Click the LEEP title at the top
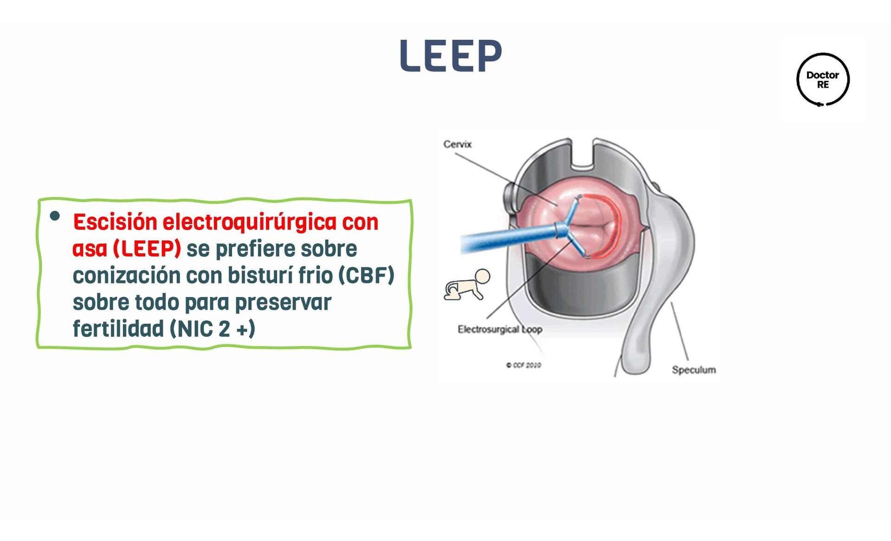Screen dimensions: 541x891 (x=450, y=56)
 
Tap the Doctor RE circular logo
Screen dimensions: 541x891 (x=823, y=79)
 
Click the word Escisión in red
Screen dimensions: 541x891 (x=115, y=222)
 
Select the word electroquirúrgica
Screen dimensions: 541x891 (x=249, y=222)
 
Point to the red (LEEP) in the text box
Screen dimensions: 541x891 (x=147, y=249)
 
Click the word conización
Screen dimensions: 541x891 (x=126, y=276)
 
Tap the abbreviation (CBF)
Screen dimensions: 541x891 (x=366, y=276)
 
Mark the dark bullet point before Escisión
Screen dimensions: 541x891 (x=55, y=216)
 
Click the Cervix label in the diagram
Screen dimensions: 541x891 (x=457, y=144)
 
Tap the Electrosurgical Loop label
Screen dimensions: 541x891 (x=499, y=329)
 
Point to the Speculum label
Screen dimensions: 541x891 (x=693, y=370)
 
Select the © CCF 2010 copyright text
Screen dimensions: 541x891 (x=523, y=366)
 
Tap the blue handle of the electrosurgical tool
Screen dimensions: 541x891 (x=506, y=238)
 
